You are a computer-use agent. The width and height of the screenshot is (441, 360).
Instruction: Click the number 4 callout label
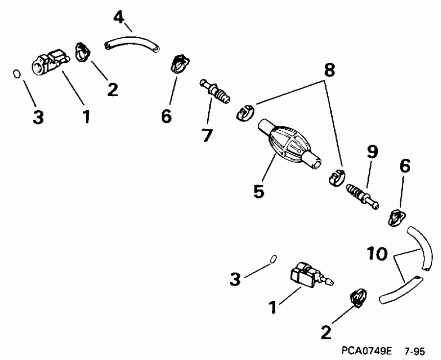pyautogui.click(x=119, y=17)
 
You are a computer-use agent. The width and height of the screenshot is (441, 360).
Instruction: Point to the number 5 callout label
pyautogui.click(x=259, y=191)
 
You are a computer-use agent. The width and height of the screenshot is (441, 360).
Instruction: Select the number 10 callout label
pyautogui.click(x=377, y=254)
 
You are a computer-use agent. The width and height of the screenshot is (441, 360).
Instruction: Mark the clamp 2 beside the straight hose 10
pyautogui.click(x=359, y=299)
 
